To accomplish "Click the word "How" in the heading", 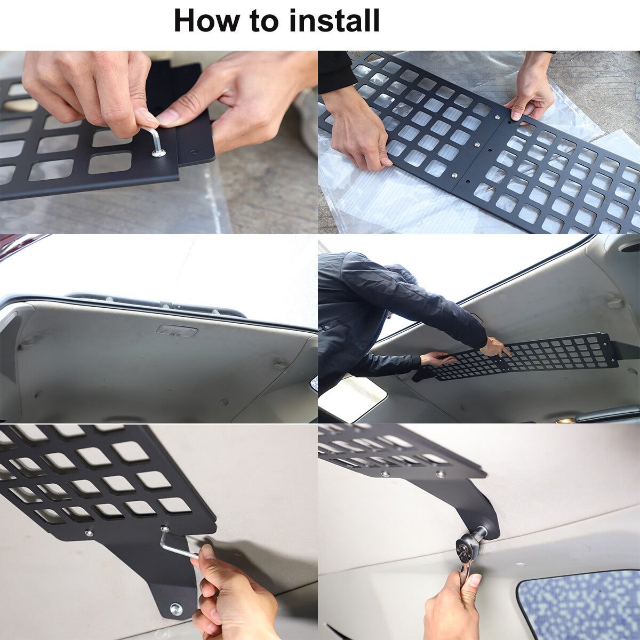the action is tap(206, 21).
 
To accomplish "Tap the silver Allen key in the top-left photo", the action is tap(155, 140).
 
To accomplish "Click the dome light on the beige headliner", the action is tap(177, 331).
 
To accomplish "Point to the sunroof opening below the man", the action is tap(352, 397).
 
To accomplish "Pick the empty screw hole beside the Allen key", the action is tap(194, 152).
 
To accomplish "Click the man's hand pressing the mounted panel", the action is tap(495, 347).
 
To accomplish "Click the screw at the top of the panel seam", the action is tap(497, 117).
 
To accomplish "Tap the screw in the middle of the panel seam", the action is tap(477, 145).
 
